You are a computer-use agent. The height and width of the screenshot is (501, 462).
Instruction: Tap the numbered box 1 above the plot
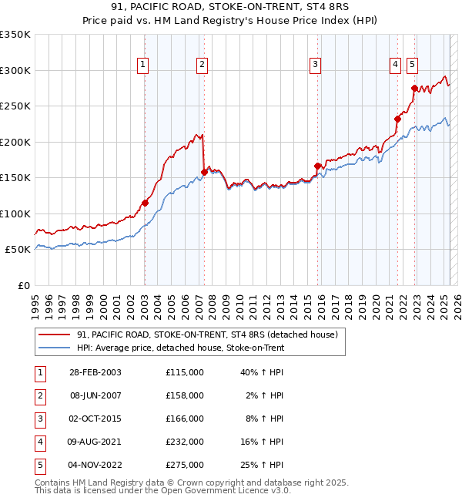tap(144, 66)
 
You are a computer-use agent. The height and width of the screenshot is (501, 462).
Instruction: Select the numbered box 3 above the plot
tap(315, 66)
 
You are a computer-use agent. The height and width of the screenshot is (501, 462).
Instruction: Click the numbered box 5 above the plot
tap(413, 66)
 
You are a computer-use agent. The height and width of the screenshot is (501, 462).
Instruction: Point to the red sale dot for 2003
tap(145, 203)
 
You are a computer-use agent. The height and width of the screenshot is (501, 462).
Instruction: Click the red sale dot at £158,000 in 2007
tap(204, 172)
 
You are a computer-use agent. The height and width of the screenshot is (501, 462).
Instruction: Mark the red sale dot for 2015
tap(317, 166)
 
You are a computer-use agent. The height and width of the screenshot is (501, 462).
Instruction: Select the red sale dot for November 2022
tap(414, 89)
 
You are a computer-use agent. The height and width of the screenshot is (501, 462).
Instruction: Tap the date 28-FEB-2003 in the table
tap(95, 372)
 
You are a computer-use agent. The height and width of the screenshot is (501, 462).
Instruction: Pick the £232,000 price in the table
tap(184, 442)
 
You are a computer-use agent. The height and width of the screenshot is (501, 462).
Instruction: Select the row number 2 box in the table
tap(39, 395)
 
